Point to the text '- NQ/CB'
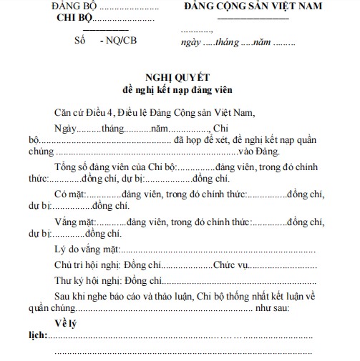coord(118,40)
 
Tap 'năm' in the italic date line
coord(257,44)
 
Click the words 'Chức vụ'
coord(230,265)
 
